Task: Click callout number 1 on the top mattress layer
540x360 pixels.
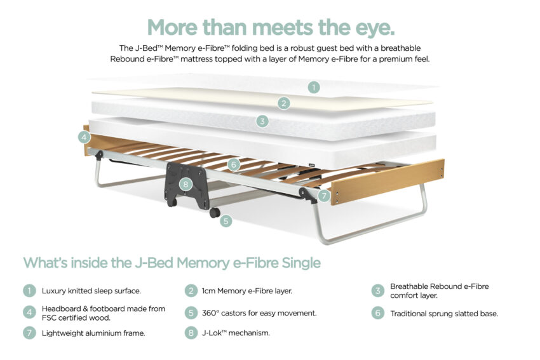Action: (313, 87)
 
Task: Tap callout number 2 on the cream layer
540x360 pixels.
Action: (284, 103)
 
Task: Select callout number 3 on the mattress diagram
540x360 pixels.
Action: (262, 121)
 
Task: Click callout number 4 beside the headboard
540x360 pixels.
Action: (84, 138)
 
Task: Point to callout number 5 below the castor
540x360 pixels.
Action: (226, 220)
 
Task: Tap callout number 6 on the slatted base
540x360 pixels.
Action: (234, 164)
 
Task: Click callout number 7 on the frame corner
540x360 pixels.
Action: (324, 196)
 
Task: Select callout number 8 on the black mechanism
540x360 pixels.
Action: (186, 184)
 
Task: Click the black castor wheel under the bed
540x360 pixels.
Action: (215, 213)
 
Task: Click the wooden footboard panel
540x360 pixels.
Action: (388, 182)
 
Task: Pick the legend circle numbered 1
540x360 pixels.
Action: (29, 291)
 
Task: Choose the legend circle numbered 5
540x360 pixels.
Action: (191, 313)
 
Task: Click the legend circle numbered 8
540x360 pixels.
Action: (191, 333)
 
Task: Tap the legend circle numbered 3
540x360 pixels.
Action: (378, 291)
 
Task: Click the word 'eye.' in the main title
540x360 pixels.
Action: (375, 27)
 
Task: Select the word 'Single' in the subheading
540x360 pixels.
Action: (301, 263)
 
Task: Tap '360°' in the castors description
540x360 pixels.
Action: (210, 313)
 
